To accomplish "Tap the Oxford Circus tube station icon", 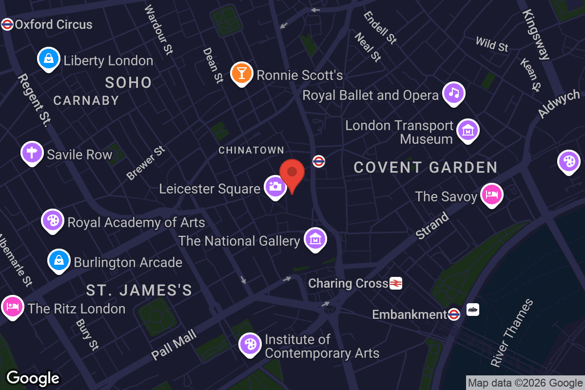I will point(7,24).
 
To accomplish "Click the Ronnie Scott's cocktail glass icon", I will point(241,73).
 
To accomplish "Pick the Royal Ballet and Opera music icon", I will point(454,93).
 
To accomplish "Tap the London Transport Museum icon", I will point(468,131).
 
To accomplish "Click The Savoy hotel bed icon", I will point(491,195).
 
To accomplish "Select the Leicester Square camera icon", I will point(275,186).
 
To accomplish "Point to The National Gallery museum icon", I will point(315,239).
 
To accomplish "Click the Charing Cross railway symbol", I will point(396,283).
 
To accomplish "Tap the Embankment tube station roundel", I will point(454,314).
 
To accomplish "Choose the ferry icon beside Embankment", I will point(472,310).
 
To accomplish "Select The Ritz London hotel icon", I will point(12,307).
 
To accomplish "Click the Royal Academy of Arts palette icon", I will point(52,220).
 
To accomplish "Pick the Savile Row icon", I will point(32,153).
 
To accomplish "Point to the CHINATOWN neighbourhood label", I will point(251,150).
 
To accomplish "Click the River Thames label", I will point(512,333).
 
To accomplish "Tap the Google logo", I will point(33,378).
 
